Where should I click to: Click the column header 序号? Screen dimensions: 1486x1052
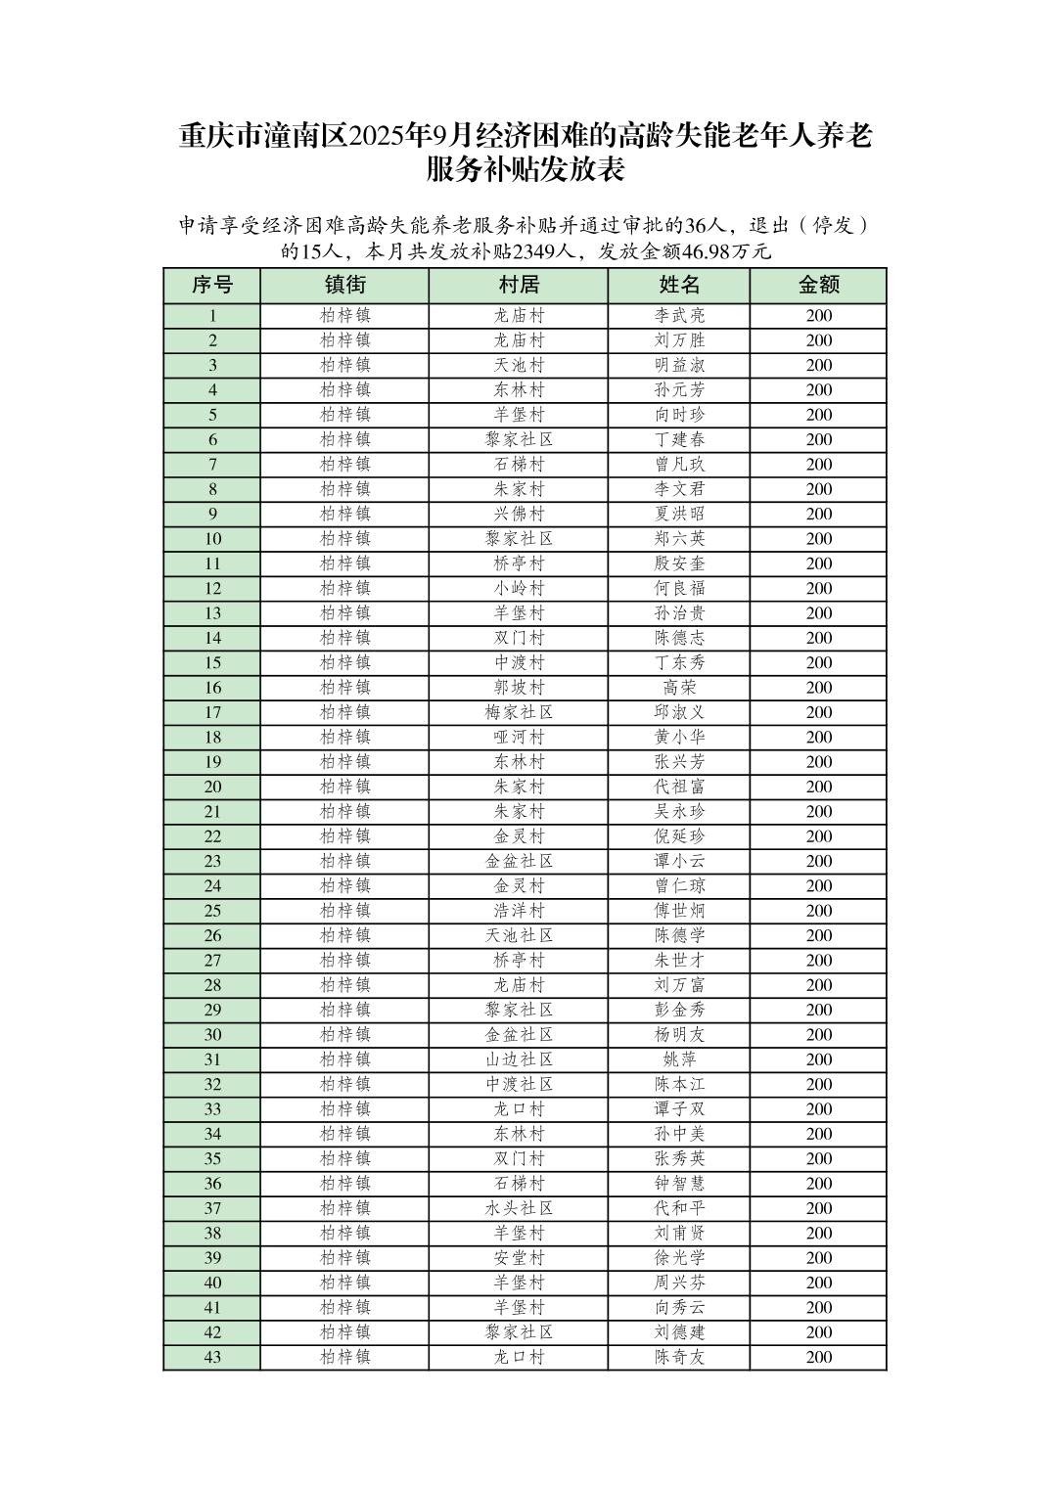212,286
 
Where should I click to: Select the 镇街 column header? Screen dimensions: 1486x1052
344,286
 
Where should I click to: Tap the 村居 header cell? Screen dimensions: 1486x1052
519,286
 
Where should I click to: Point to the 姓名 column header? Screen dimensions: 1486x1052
679,286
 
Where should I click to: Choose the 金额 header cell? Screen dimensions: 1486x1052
818,286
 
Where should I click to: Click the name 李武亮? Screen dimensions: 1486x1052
679,316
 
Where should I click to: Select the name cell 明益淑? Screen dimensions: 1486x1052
679,366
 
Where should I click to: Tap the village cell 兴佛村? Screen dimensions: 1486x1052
519,515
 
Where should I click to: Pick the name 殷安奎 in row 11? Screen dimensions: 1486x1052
679,563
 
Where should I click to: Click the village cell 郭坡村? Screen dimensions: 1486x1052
519,688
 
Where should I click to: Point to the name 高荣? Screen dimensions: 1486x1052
679,688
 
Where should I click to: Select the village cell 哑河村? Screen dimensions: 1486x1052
519,738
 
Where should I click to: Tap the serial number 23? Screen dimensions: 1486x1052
212,862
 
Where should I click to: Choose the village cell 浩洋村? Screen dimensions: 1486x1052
519,911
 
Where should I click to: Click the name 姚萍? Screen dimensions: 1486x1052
679,1059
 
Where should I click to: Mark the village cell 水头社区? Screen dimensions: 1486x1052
519,1208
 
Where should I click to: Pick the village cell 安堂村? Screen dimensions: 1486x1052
519,1258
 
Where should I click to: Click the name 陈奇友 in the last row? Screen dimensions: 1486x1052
679,1357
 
